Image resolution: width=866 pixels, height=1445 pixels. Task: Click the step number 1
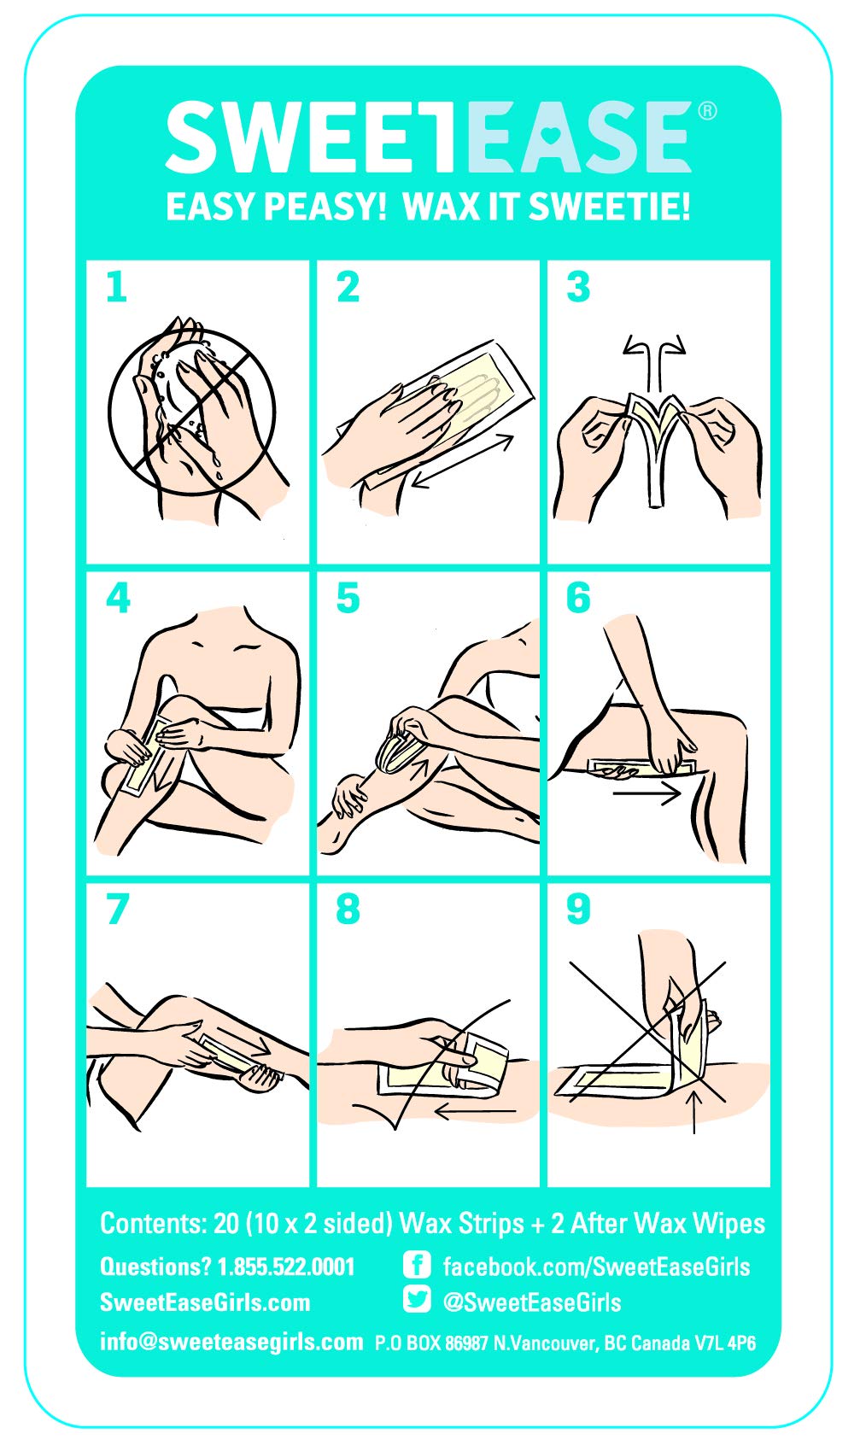click(x=116, y=287)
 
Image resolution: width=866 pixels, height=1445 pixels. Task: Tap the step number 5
click(x=348, y=598)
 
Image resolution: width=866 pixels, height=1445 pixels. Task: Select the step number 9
click(x=577, y=909)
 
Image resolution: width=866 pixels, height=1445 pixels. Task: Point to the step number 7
click(x=118, y=909)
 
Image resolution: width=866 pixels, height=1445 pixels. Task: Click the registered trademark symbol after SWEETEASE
click(x=707, y=112)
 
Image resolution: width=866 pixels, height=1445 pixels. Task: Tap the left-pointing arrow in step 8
click(x=476, y=1111)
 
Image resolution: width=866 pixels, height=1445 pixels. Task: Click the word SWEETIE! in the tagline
click(x=609, y=207)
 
